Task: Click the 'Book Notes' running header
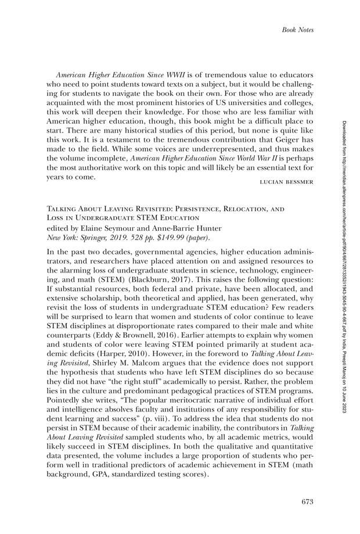pos(297,30)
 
